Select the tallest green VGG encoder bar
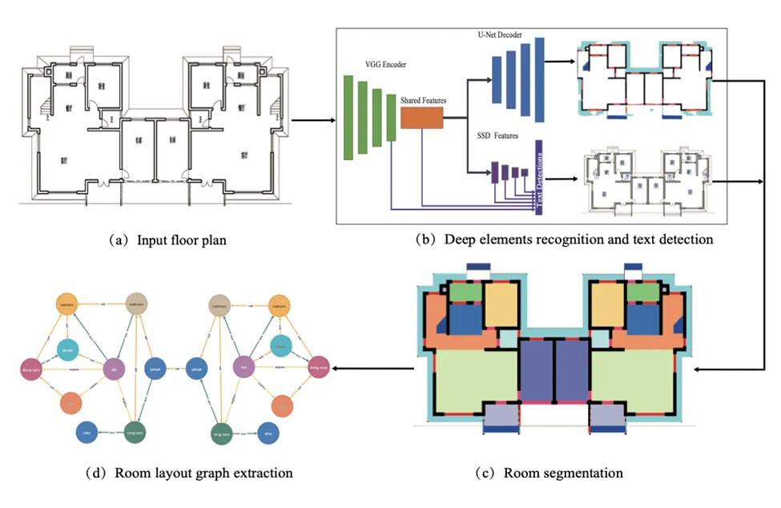click(x=348, y=117)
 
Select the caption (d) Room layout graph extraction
click(x=195, y=473)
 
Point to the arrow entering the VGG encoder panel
click(x=312, y=122)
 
